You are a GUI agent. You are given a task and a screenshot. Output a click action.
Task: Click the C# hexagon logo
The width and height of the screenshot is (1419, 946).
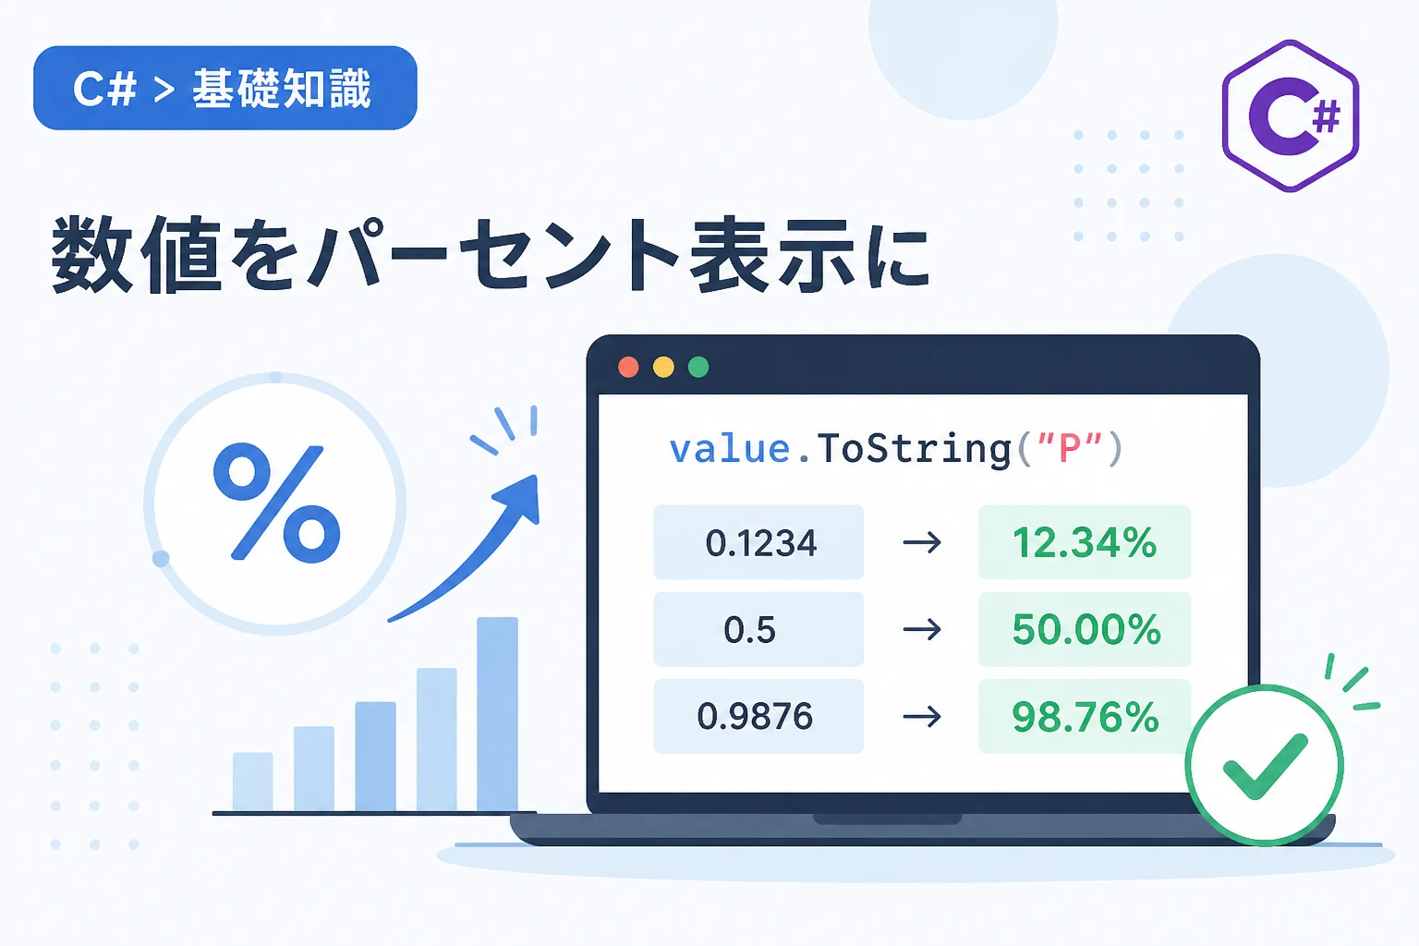[1291, 115]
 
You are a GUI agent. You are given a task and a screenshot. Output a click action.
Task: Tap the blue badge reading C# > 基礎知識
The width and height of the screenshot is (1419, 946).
[224, 88]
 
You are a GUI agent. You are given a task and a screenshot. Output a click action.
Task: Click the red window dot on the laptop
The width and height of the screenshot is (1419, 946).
[628, 367]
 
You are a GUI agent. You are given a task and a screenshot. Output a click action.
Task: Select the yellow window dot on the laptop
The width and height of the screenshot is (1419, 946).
[663, 367]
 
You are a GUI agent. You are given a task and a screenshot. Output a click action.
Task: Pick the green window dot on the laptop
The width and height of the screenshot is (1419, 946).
[698, 367]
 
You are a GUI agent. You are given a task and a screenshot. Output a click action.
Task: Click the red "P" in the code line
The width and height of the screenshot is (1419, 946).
[1069, 448]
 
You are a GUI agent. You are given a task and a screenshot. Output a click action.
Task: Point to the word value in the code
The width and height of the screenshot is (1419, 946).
[729, 449]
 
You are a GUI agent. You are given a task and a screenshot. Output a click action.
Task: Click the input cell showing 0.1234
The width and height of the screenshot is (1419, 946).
[758, 542]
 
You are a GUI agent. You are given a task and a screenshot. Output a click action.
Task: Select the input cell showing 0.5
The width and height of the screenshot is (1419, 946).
[758, 629]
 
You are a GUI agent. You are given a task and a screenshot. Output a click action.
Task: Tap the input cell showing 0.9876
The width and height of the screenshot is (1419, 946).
[758, 716]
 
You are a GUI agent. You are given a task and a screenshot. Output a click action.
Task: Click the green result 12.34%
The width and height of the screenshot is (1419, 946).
[1085, 543]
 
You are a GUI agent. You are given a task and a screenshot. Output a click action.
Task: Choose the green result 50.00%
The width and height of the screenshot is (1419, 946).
[1085, 629]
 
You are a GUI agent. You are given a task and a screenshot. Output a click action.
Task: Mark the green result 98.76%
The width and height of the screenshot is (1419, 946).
[1085, 717]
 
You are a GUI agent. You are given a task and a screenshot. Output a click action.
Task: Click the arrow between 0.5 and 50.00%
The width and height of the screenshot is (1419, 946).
[922, 629]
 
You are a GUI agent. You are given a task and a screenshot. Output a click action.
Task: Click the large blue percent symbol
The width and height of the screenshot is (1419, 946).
[276, 503]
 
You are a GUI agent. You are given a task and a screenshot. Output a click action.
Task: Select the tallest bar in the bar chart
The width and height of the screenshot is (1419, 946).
[497, 713]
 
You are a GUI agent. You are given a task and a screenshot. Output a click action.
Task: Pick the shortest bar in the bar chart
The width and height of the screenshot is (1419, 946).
[253, 782]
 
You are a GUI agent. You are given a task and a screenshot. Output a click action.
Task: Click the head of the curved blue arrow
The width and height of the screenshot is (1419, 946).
[517, 501]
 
